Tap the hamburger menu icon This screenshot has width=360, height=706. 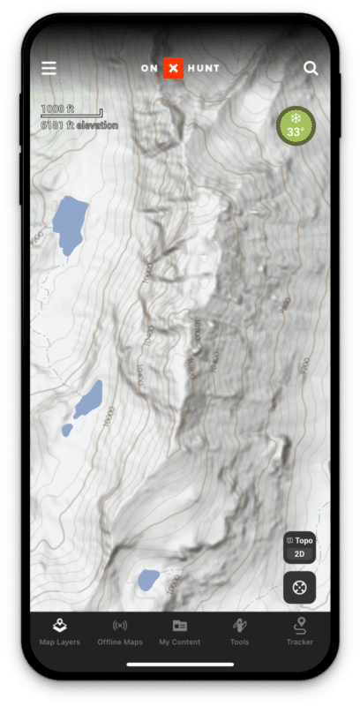49,68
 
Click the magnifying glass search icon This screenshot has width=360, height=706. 311,68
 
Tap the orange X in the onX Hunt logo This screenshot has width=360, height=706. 173,68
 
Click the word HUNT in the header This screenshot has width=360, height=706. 204,68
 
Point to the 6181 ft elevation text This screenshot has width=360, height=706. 79,125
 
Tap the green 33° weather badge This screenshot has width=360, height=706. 295,126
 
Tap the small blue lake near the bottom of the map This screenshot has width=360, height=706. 148,579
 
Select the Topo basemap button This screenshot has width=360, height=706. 300,540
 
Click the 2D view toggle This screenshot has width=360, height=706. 300,554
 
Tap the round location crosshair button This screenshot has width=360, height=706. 300,587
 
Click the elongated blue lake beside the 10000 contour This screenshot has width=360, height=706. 89,399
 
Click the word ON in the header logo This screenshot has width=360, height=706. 149,68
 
